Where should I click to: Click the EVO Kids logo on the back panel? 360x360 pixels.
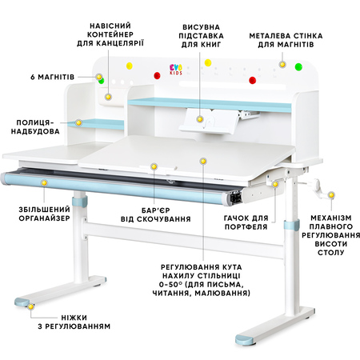(176, 69)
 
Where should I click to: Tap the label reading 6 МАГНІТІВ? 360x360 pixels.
(52, 78)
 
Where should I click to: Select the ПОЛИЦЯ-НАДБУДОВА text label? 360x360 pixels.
(35, 127)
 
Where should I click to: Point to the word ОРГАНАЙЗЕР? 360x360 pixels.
(44, 218)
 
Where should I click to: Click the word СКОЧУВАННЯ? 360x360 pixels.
(165, 219)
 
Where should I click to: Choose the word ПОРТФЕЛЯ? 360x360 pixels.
(246, 227)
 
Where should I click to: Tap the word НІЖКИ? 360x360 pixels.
(74, 318)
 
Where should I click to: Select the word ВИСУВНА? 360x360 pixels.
(201, 27)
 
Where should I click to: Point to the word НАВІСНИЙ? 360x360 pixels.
(110, 26)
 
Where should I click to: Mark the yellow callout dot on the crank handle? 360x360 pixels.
(331, 195)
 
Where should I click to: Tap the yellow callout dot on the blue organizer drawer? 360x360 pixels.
(44, 183)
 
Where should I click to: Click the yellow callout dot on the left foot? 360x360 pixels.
(31, 306)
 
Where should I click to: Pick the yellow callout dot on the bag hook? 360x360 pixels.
(275, 184)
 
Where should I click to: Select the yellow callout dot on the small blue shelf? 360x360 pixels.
(78, 123)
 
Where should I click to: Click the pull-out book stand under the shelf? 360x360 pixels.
(209, 121)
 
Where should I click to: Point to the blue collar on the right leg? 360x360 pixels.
(291, 226)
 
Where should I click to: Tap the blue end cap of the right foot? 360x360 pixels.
(244, 340)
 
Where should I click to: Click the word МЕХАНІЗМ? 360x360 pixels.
(331, 218)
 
